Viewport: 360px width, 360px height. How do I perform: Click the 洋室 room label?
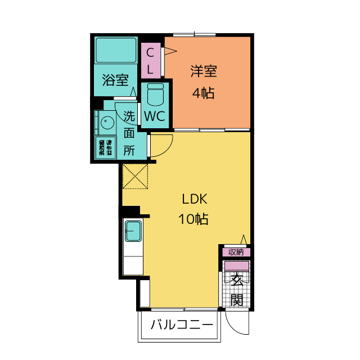(204, 71)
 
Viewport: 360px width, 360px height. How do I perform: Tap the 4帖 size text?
(204, 93)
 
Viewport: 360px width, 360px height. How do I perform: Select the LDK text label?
(194, 199)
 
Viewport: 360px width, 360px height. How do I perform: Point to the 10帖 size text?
(193, 219)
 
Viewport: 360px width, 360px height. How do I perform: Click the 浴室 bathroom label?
(115, 80)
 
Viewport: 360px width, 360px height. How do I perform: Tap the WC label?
(154, 116)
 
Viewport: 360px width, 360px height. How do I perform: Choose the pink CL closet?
(151, 61)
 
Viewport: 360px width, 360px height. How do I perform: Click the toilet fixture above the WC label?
(155, 94)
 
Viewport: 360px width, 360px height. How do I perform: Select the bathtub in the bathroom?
(116, 50)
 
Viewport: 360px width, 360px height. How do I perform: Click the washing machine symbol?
(105, 147)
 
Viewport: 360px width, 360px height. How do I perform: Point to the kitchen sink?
(133, 231)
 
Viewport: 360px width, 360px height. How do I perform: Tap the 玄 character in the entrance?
(237, 280)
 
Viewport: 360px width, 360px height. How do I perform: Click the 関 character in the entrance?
(237, 299)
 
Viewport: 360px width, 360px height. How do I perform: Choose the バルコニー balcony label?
(182, 325)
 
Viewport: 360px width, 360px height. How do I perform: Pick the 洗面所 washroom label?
(129, 133)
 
